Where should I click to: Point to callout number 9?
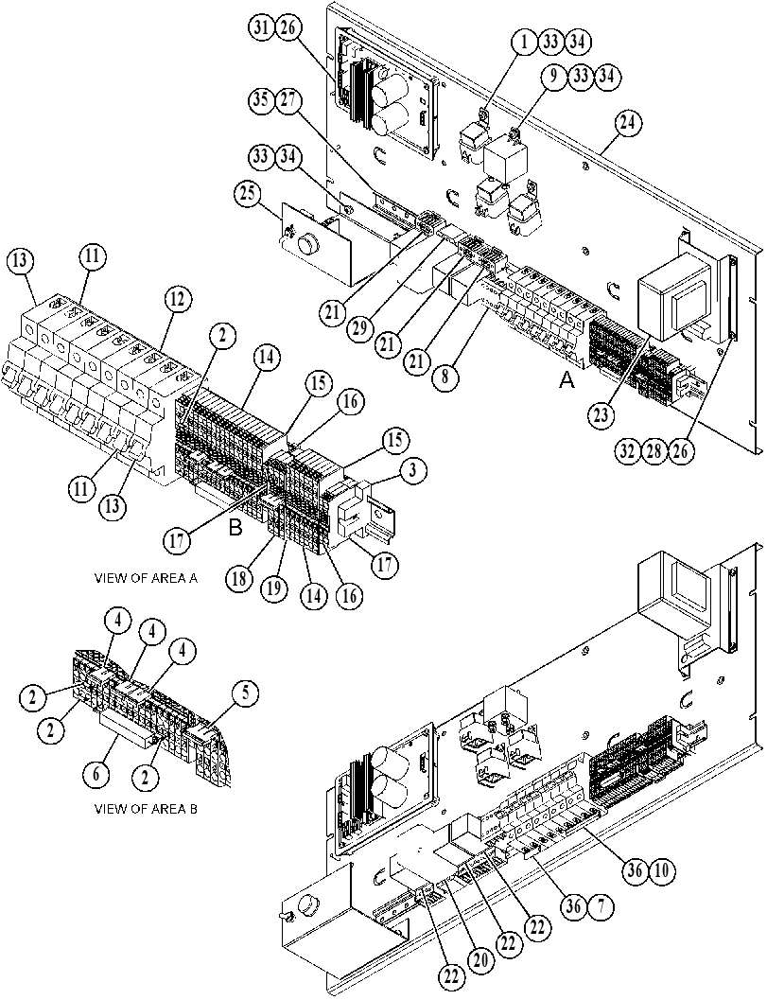coord(553,77)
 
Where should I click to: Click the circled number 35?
coord(261,102)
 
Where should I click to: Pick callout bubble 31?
coord(261,28)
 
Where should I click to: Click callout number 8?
coord(445,377)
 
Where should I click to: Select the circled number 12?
coord(180,298)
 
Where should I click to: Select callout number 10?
coord(663,869)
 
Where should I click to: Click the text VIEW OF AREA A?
coord(146,578)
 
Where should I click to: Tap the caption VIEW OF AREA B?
coord(146,809)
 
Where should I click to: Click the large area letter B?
coord(235,528)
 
